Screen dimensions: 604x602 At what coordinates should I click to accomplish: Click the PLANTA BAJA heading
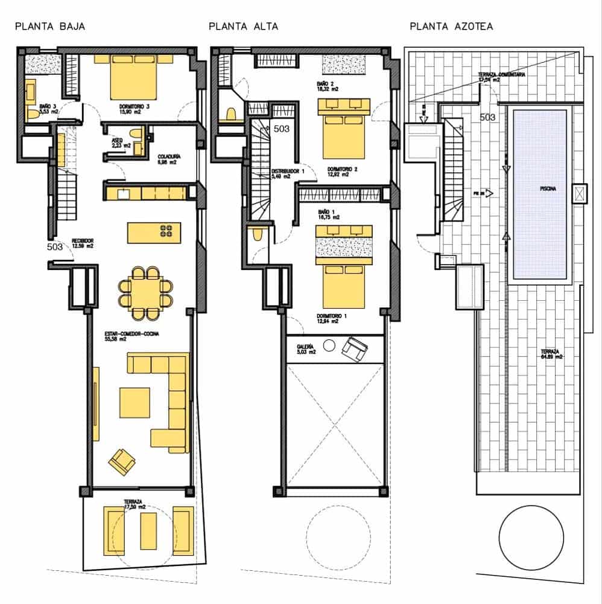(x=49, y=27)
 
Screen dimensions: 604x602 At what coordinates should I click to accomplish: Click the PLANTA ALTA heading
(x=243, y=27)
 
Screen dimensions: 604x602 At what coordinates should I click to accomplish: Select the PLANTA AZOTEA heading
(x=451, y=27)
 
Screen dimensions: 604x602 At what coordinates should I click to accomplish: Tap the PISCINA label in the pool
(x=540, y=188)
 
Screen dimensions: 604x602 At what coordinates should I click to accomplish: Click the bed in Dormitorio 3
(x=134, y=77)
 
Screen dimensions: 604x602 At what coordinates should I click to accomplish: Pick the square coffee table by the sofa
(x=134, y=402)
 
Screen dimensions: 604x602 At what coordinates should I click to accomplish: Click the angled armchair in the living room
(x=121, y=462)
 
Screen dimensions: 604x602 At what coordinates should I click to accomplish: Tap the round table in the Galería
(x=329, y=345)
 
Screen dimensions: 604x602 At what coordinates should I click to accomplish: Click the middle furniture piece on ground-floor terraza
(x=148, y=531)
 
